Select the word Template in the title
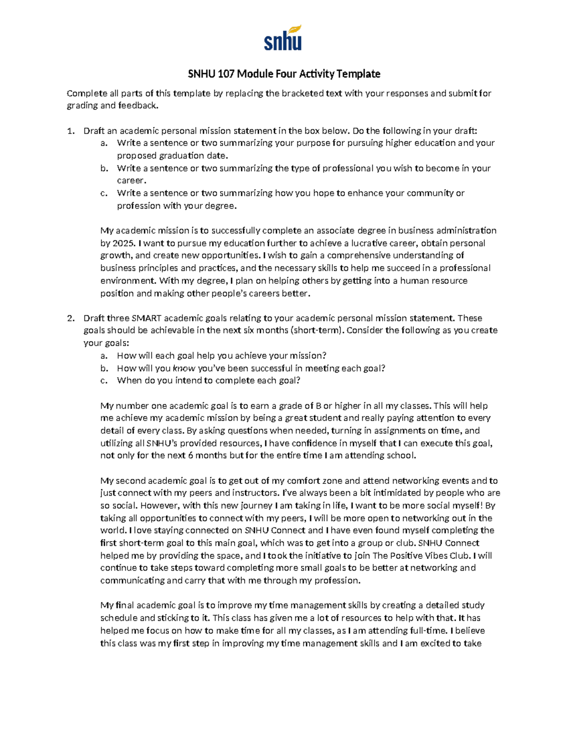(359, 74)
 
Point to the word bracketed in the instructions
(303, 93)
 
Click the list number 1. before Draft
(71, 131)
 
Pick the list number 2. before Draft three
(71, 318)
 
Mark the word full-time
(430, 630)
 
